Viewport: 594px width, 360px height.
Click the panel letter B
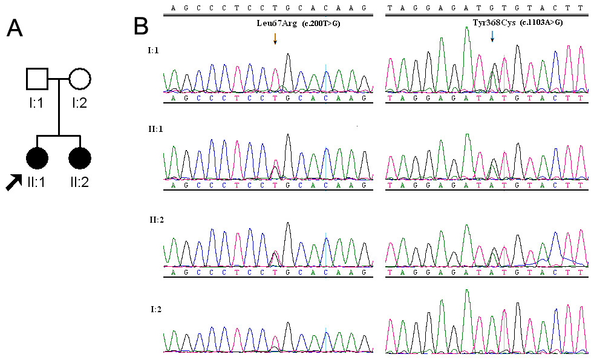pos(142,26)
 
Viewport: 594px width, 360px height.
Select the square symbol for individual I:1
pos(38,79)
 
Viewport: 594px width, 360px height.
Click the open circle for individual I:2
pos(80,79)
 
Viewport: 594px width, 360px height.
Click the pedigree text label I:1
pos(36,103)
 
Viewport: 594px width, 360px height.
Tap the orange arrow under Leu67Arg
pos(275,39)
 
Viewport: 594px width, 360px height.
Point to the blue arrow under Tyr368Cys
pos(492,37)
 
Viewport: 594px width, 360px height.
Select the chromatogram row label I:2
pos(155,309)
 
